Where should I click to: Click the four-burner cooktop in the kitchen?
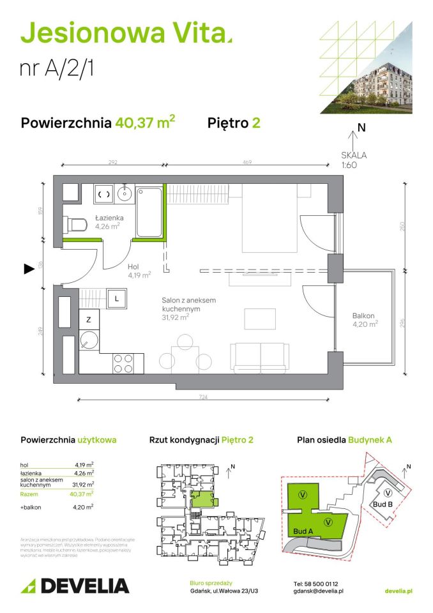[124, 363]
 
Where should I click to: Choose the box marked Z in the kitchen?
[89, 319]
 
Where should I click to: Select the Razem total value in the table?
[84, 493]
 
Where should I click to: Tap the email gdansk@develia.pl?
[319, 592]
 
